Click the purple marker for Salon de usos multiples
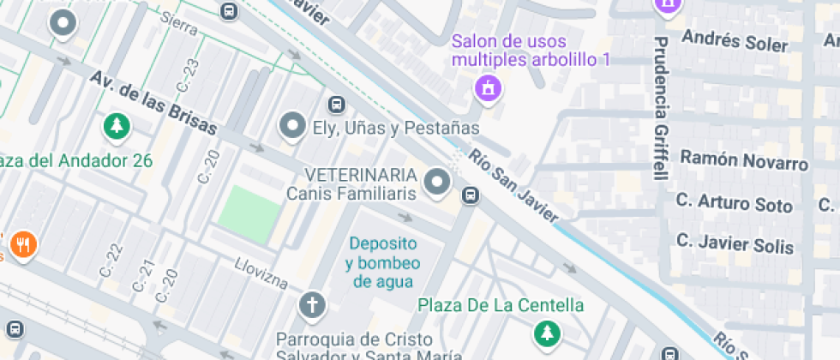pyautogui.click(x=488, y=87)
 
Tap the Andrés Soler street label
pyautogui.click(x=734, y=41)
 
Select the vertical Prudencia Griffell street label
pyautogui.click(x=660, y=108)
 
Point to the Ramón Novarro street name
pyautogui.click(x=743, y=159)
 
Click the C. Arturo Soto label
pyautogui.click(x=734, y=203)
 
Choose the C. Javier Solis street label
pyautogui.click(x=735, y=243)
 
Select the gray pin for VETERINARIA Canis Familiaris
pyautogui.click(x=439, y=183)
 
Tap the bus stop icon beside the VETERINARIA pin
pyautogui.click(x=470, y=196)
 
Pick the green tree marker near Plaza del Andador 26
pyautogui.click(x=116, y=127)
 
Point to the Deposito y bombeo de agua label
pyautogui.click(x=382, y=261)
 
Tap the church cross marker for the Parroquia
pyautogui.click(x=312, y=304)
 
